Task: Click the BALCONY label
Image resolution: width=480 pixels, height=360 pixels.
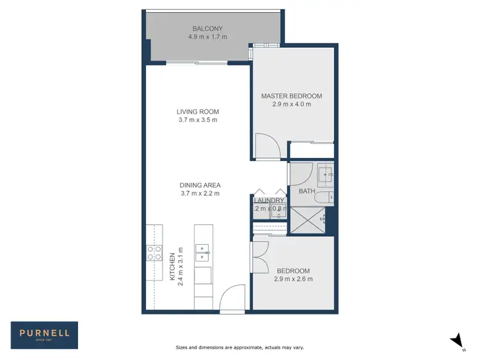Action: [208, 29]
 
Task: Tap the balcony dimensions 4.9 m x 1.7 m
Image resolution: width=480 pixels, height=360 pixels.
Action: [208, 37]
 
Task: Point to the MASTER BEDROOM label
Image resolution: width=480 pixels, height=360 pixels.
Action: [291, 96]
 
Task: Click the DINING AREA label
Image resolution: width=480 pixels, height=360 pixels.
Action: [200, 185]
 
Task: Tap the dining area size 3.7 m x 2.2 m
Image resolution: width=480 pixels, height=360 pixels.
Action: [200, 194]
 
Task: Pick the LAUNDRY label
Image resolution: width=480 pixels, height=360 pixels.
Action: [269, 200]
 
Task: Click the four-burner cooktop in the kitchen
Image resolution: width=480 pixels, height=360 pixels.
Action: [154, 253]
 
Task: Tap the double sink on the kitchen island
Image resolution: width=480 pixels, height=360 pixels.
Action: [202, 252]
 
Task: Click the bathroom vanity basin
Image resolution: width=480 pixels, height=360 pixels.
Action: [326, 173]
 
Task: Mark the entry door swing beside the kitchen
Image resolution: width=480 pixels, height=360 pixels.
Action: [232, 298]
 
